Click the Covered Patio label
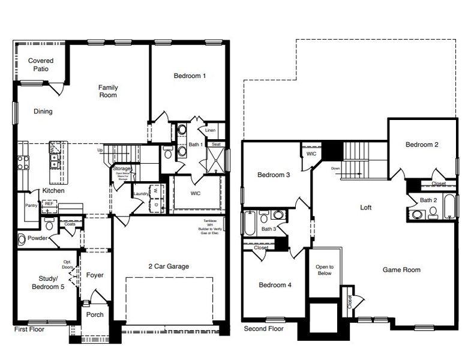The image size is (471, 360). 41,65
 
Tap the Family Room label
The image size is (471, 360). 108,91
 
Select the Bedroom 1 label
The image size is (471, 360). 190,76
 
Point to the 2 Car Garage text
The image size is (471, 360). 169,266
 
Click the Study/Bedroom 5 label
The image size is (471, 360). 46,282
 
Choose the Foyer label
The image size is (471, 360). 95,275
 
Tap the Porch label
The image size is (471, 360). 95,314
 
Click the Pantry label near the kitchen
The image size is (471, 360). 32,205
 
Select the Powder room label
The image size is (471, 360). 37,238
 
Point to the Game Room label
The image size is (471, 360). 401,270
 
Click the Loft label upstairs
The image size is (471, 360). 365,208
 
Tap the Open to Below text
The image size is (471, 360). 324,269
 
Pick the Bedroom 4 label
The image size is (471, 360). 275,285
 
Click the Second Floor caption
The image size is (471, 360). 263,329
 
